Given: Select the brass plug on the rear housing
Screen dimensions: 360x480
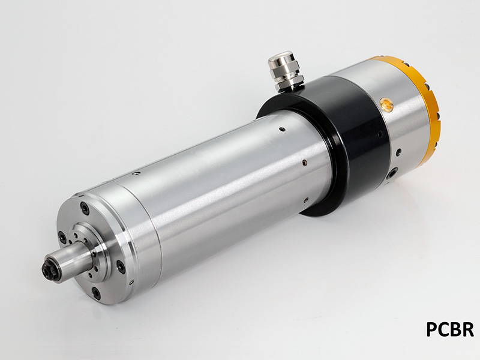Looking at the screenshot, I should coord(388,106).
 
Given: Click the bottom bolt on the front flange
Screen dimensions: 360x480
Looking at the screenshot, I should coord(96,293).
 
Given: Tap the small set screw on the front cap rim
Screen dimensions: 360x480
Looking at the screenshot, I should coord(136,174).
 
